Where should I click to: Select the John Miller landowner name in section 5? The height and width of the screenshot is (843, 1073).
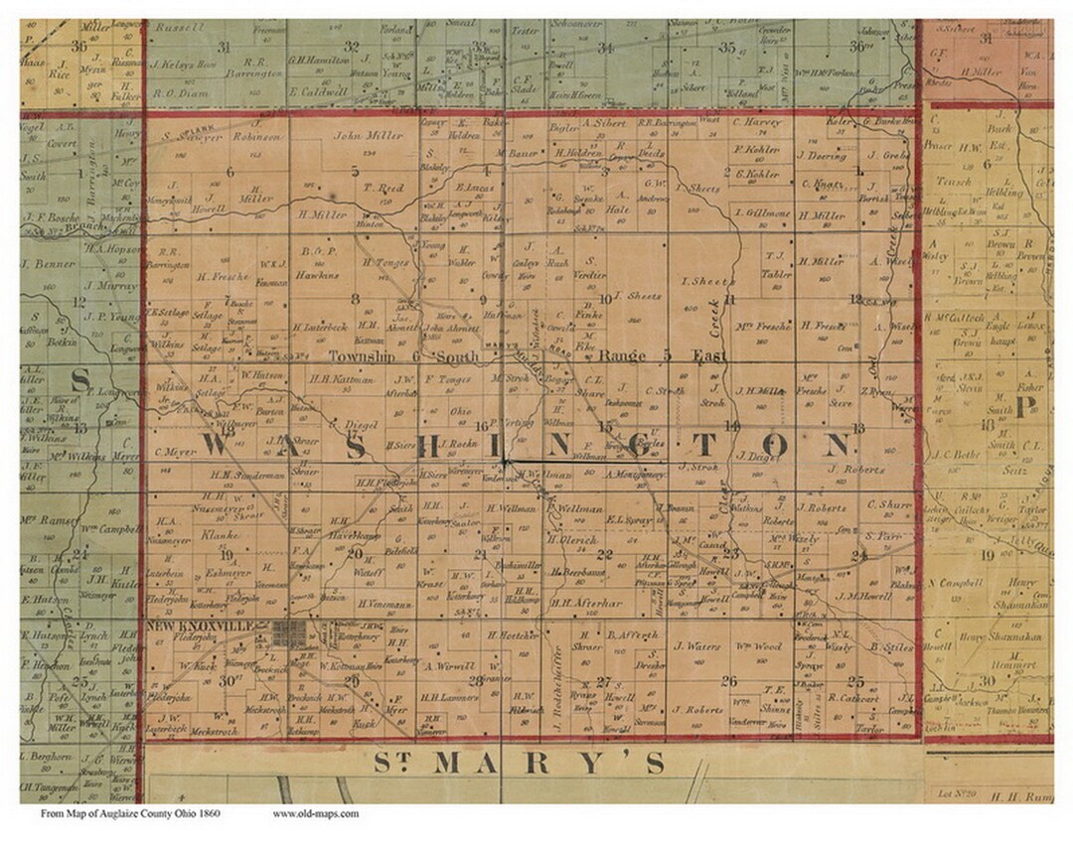355,136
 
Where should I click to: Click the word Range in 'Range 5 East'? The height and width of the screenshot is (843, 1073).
623,355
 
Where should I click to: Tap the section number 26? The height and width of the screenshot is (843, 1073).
730,681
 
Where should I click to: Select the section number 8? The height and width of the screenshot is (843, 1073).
355,298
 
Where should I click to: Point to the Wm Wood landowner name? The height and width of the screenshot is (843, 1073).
759,646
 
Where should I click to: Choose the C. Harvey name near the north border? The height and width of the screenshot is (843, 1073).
757,123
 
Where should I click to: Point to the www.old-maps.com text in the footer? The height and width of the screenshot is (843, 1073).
315,814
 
